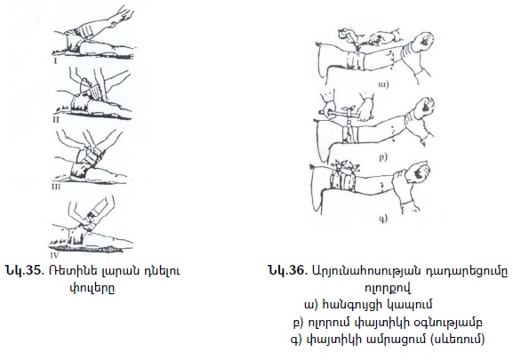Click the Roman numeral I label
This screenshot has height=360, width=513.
[x=56, y=60]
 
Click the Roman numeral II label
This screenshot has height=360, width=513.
[x=56, y=120]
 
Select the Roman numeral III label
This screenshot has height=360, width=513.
[x=56, y=187]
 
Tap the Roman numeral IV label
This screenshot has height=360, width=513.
[x=53, y=254]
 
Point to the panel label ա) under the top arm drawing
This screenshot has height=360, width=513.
[x=383, y=84]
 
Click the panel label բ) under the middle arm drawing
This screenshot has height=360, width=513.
[x=383, y=157]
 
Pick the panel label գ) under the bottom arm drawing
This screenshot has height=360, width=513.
[x=383, y=218]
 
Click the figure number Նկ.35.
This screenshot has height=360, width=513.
[x=25, y=270]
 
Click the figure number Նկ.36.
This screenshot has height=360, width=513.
[x=288, y=270]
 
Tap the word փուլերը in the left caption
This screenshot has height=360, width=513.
[x=92, y=289]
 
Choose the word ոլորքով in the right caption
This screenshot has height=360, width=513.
[x=388, y=288]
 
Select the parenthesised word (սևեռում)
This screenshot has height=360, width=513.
[x=456, y=339]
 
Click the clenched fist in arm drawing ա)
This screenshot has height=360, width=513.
[x=423, y=42]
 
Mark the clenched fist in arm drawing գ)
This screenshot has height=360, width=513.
[x=420, y=172]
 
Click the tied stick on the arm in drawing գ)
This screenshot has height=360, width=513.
[x=344, y=167]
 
